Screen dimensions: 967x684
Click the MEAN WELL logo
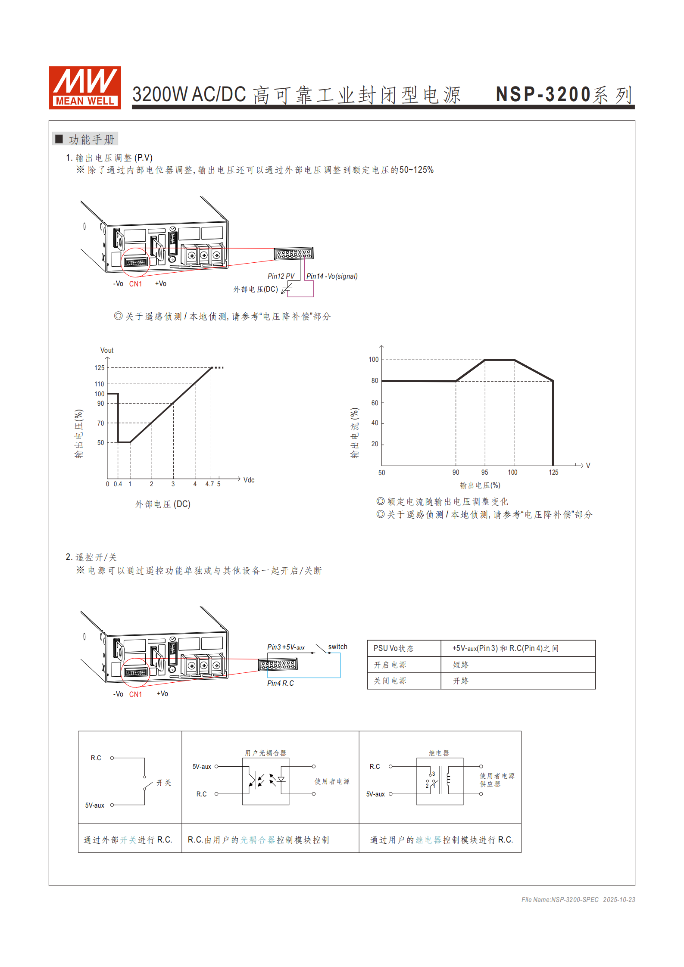pyautogui.click(x=85, y=87)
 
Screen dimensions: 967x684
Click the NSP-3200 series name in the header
pyautogui.click(x=564, y=95)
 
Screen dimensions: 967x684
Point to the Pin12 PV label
pyautogui.click(x=281, y=276)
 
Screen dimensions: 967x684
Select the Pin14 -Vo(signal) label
pyautogui.click(x=332, y=276)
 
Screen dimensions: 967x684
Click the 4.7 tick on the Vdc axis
pyautogui.click(x=209, y=484)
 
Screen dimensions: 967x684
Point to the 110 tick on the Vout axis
pyautogui.click(x=100, y=384)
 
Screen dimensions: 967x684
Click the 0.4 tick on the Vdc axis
pyautogui.click(x=118, y=484)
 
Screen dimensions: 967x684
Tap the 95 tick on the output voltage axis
pyautogui.click(x=485, y=473)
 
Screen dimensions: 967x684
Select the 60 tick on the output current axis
pyautogui.click(x=375, y=403)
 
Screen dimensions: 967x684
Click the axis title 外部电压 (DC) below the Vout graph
pyautogui.click(x=163, y=504)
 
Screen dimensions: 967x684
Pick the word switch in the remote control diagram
pyautogui.click(x=337, y=647)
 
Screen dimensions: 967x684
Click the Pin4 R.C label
pyautogui.click(x=281, y=683)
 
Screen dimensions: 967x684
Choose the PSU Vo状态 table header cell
pyautogui.click(x=393, y=648)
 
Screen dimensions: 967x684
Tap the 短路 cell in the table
pyautogui.click(x=461, y=665)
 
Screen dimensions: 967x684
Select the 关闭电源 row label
pyautogui.click(x=390, y=681)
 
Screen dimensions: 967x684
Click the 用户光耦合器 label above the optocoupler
pyautogui.click(x=265, y=753)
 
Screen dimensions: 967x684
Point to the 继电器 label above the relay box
pyautogui.click(x=439, y=753)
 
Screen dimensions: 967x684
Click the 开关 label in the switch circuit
pyautogui.click(x=164, y=783)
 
